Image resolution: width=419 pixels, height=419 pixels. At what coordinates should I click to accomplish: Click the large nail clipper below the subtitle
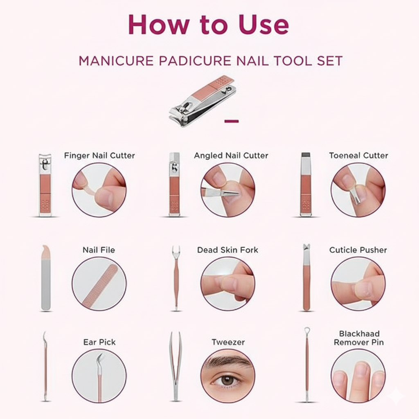203,100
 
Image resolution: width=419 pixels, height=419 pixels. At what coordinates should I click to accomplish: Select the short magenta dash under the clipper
232,121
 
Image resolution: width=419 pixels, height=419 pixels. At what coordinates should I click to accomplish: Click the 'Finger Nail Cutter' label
99,155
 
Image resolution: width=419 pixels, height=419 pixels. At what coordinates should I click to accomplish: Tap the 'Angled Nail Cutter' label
231,155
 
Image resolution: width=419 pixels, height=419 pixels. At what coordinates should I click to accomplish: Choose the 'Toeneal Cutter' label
358,155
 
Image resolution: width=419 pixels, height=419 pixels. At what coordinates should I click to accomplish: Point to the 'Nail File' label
99,250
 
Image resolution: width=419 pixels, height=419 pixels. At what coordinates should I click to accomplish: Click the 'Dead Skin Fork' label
228,250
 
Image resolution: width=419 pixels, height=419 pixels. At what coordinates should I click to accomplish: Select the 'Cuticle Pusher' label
358,250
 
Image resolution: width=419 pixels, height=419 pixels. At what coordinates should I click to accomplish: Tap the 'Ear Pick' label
99,342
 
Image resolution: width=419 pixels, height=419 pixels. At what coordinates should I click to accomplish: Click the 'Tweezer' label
228,342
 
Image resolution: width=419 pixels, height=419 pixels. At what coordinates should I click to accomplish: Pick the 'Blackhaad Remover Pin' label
359,338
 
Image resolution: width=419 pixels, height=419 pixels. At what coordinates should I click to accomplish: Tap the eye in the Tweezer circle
228,380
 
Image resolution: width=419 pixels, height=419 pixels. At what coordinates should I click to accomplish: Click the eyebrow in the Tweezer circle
226,362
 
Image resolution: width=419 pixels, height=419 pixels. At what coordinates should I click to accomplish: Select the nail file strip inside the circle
99,286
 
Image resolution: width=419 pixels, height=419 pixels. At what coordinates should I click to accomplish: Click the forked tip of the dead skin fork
176,251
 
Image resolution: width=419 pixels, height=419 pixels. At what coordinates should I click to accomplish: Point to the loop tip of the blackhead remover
307,331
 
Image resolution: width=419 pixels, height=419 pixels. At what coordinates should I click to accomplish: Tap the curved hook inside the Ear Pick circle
100,359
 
